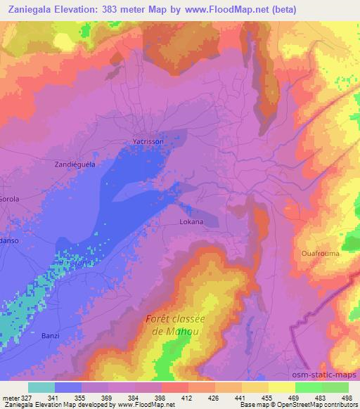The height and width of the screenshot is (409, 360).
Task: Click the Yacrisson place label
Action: click(148, 141)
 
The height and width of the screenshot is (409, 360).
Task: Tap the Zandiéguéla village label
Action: click(75, 163)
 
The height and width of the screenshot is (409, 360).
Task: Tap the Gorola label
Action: click(8, 199)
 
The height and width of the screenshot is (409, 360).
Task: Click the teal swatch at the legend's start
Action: click(41, 387)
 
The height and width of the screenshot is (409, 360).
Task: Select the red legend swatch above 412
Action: click(175, 387)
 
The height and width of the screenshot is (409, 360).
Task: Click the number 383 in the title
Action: click(115, 9)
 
